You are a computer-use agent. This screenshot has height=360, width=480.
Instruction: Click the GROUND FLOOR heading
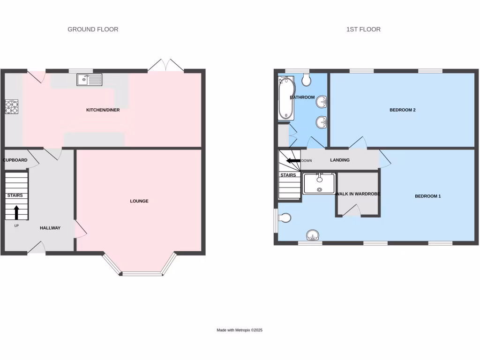click(x=93, y=29)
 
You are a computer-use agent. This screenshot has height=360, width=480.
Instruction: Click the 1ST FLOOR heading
click(x=363, y=29)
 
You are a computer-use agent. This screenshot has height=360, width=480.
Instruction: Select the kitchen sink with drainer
click(x=90, y=80)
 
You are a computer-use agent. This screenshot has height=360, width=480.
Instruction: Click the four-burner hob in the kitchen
click(x=11, y=107)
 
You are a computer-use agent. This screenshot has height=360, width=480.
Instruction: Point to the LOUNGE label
click(x=139, y=201)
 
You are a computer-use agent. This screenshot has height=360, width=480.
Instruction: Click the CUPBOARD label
click(x=15, y=160)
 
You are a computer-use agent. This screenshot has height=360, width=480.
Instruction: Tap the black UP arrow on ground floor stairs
click(x=16, y=212)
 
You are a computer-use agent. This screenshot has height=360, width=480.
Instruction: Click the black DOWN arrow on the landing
click(x=293, y=161)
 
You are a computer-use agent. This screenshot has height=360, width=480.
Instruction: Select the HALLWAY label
click(x=50, y=228)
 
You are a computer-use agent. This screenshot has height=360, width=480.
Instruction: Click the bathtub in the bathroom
click(x=285, y=99)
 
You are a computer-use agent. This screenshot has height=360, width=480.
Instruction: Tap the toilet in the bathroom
click(x=307, y=80)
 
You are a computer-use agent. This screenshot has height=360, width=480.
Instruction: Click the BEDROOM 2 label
click(x=403, y=110)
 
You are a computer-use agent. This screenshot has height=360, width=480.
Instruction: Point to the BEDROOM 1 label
click(x=427, y=196)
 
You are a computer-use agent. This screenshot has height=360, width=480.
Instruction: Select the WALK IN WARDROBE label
click(x=358, y=194)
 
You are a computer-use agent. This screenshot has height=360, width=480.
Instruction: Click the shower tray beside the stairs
click(x=319, y=183)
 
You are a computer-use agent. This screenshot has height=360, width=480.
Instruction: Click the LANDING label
click(x=340, y=160)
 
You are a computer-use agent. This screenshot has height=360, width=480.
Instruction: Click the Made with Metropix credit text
click(x=240, y=330)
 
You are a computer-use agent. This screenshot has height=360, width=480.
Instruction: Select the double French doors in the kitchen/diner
click(x=166, y=66)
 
